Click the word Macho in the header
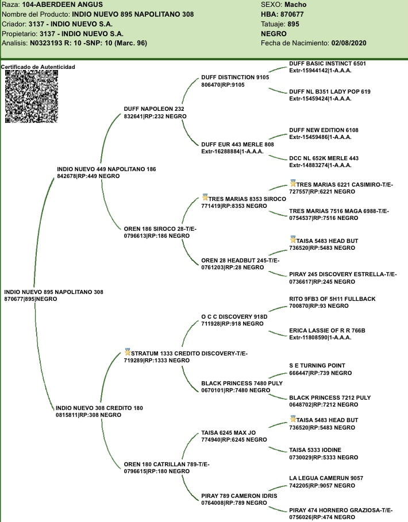(295, 5)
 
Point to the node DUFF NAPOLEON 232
(153, 109)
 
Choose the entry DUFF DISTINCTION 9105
(235, 77)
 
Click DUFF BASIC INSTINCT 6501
(327, 63)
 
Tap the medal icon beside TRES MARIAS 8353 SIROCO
(205, 197)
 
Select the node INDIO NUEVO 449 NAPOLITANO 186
(106, 169)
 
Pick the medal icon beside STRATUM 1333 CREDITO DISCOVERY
(128, 351)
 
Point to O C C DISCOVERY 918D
(234, 316)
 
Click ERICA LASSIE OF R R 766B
(327, 331)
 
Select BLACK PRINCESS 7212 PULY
(330, 397)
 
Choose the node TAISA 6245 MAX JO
(228, 432)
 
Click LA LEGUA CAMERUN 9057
(326, 478)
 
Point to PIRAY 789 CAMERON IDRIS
(239, 496)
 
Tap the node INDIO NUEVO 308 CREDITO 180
(99, 408)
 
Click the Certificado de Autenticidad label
(38, 67)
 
